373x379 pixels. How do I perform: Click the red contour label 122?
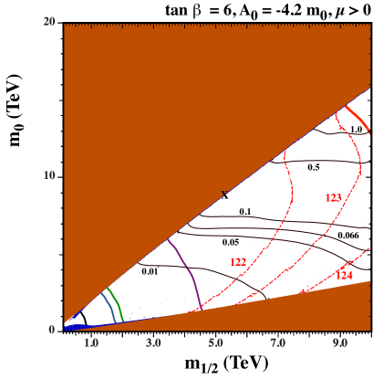coord(237,262)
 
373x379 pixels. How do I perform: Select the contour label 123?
coord(333,197)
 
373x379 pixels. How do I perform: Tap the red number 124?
coord(344,275)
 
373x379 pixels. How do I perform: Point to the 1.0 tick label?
coord(91,343)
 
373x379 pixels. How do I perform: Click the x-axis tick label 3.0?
coord(153,343)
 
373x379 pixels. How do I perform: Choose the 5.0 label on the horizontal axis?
coord(216,343)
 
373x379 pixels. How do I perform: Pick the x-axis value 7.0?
coord(278,343)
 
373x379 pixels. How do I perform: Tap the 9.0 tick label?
coord(340,343)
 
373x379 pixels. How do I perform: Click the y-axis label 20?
coord(51,22)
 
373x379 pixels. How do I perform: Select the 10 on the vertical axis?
coord(51,175)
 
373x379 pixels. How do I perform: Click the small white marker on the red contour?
coord(291,179)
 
